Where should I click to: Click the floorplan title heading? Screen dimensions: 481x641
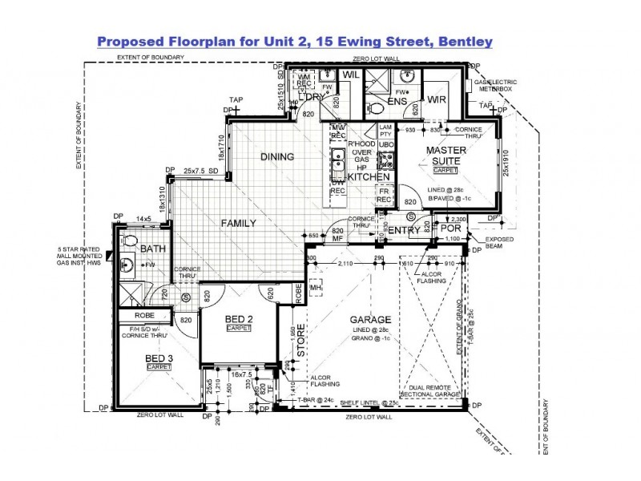294,40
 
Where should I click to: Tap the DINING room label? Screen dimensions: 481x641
276,156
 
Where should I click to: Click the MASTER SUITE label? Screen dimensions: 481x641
445,156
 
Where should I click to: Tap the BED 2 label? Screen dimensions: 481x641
239,319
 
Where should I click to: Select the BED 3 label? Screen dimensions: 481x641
159,358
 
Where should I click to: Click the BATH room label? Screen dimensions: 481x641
152,249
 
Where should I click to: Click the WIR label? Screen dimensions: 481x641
437,99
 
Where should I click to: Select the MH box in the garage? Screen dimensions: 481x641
316,288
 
